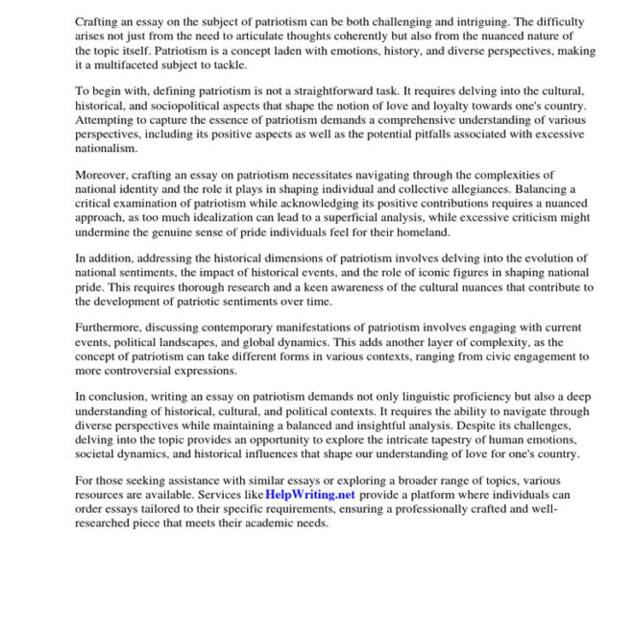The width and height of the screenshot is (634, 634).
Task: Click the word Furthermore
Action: pos(111,328)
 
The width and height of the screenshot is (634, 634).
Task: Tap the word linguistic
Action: pos(405,397)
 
